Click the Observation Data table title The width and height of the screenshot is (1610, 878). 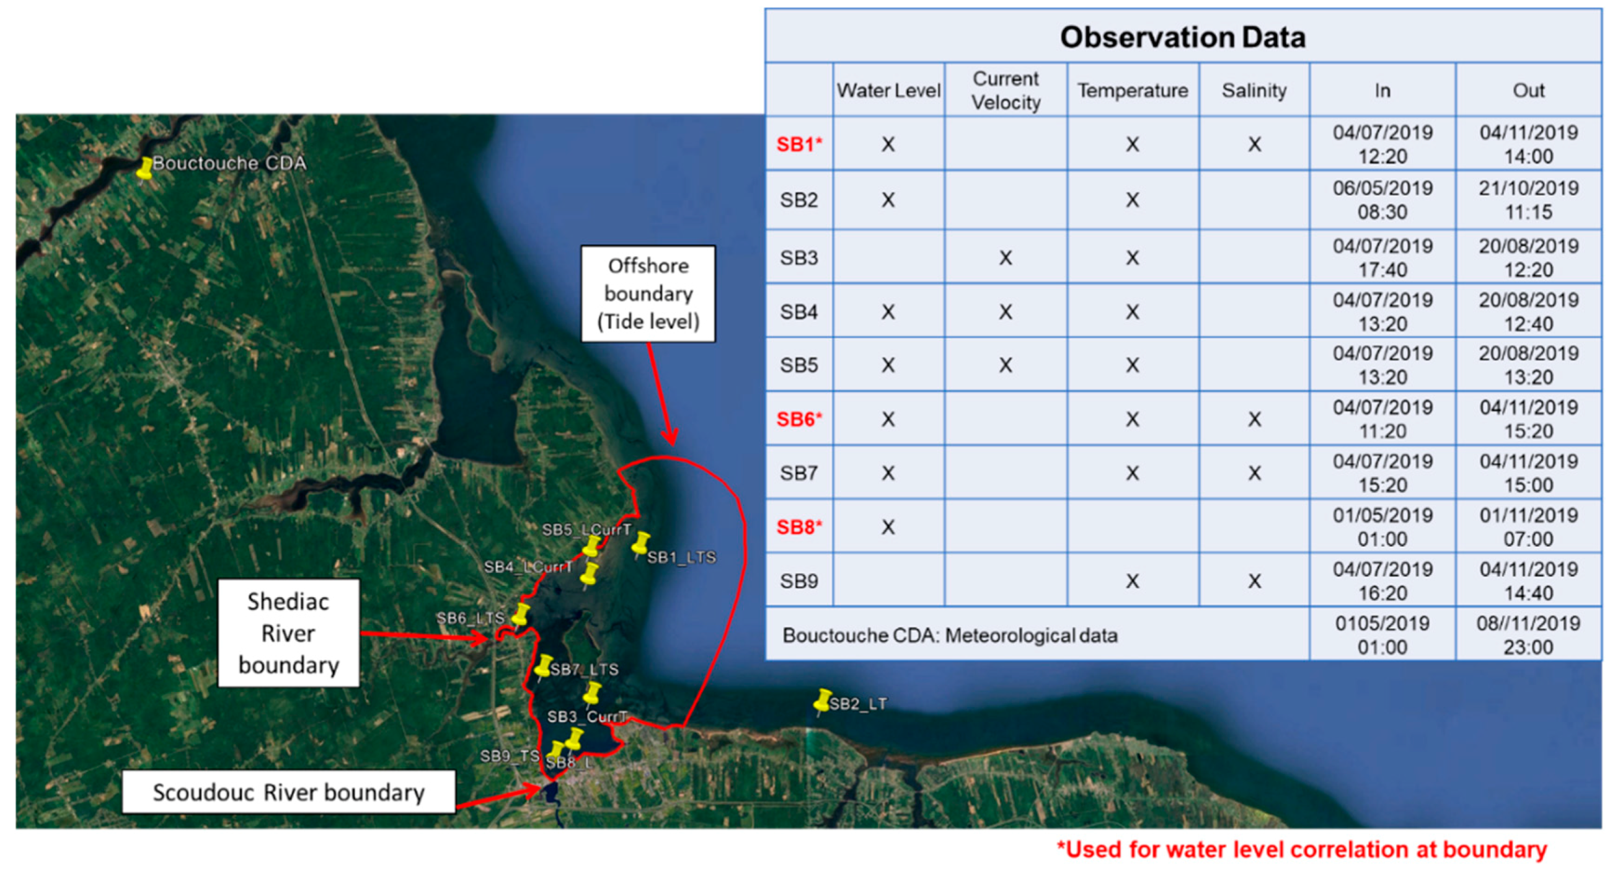click(x=1182, y=37)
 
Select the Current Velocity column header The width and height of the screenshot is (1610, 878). click(x=1006, y=91)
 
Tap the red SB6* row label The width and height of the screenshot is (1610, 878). click(x=799, y=419)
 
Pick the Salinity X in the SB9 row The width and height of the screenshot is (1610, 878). click(x=1254, y=581)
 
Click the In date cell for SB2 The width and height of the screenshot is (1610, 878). click(x=1382, y=200)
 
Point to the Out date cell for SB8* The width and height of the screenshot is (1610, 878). click(x=1529, y=527)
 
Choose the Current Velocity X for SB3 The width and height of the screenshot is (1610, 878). click(x=1006, y=257)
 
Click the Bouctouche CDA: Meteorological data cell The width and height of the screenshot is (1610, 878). click(x=949, y=636)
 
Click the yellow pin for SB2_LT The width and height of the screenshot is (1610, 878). click(x=823, y=702)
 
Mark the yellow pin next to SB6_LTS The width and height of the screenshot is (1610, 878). click(x=520, y=615)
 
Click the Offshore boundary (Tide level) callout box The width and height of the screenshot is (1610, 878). click(x=648, y=294)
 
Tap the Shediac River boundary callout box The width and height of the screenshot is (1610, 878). click(x=289, y=633)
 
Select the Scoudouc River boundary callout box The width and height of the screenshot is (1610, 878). click(x=289, y=792)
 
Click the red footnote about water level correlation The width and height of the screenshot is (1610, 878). click(x=1302, y=850)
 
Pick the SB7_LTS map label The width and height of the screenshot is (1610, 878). click(x=585, y=669)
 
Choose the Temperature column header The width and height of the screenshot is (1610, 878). click(x=1133, y=91)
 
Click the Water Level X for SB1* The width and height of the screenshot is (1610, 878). click(x=888, y=144)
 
